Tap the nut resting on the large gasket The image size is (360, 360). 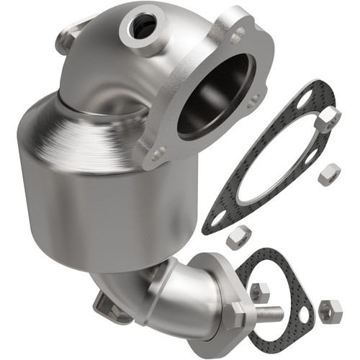tap(327, 119)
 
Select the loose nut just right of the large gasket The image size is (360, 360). tap(329, 172)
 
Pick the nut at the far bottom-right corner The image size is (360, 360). tap(331, 311)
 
